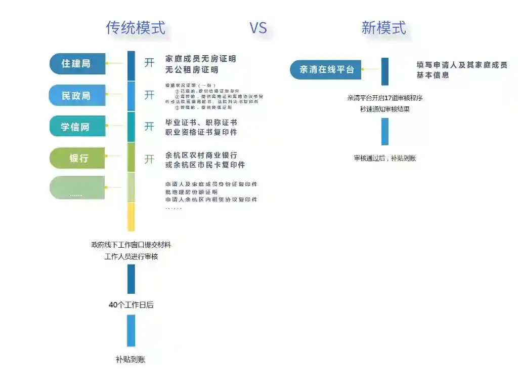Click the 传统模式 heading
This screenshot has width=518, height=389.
[136, 27]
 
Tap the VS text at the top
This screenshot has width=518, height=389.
[258, 28]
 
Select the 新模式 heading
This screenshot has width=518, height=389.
[383, 27]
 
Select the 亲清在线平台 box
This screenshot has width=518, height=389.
[326, 69]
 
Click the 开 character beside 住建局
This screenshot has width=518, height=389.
[149, 63]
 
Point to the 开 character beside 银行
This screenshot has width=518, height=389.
[149, 159]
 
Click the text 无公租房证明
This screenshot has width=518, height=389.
[192, 70]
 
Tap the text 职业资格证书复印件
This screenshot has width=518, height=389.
[201, 133]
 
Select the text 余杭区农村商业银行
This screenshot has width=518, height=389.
[201, 155]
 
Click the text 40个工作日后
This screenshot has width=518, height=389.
[131, 305]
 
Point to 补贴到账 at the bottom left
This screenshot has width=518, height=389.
[131, 360]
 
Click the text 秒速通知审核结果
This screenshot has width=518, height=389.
[385, 109]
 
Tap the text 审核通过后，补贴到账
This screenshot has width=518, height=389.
[385, 159]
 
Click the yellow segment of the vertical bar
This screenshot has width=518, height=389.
[131, 216]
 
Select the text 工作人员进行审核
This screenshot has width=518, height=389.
[131, 257]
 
